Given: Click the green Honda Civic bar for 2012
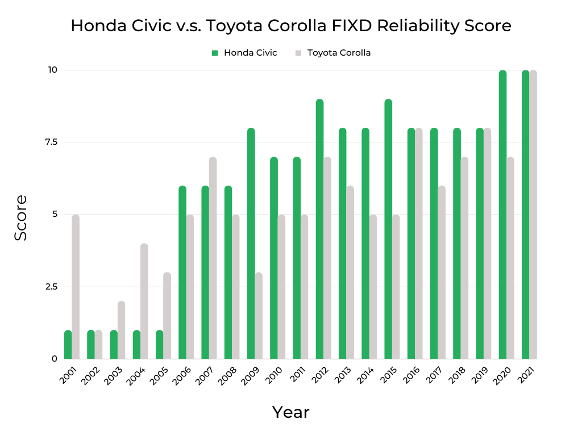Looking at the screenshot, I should [x=319, y=229].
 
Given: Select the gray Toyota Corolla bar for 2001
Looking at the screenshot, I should [x=76, y=287].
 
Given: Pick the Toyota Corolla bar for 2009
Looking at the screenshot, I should [x=259, y=316].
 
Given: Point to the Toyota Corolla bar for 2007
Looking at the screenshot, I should [x=213, y=258].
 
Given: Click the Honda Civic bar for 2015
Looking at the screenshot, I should [x=388, y=229].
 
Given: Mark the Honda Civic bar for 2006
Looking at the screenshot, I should [x=182, y=272].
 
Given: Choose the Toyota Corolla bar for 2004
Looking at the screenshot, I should [x=144, y=301].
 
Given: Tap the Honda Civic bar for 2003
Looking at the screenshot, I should [x=114, y=345].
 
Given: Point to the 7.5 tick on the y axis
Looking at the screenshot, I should [x=52, y=142].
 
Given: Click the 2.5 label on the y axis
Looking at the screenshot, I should [x=52, y=287].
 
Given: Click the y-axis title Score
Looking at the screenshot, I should [x=21, y=217].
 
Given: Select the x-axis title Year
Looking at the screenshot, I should [x=290, y=412].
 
